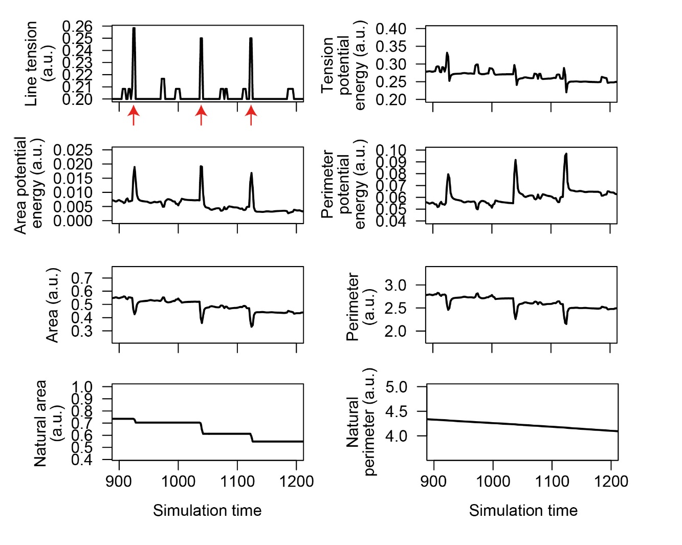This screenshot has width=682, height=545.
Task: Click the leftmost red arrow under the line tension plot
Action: pyautogui.click(x=134, y=115)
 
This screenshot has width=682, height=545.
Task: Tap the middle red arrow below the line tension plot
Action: pyautogui.click(x=201, y=115)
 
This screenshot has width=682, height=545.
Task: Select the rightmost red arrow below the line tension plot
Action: pyautogui.click(x=251, y=115)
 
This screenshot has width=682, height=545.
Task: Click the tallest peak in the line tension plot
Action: pyautogui.click(x=134, y=29)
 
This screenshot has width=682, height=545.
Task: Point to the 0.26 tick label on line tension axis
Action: pyautogui.click(x=77, y=26)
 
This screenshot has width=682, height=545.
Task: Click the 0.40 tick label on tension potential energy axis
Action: pyautogui.click(x=391, y=29)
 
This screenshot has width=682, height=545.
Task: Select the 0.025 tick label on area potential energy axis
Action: pyautogui.click(x=73, y=150)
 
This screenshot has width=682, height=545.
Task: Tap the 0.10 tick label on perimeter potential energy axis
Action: pyautogui.click(x=391, y=150)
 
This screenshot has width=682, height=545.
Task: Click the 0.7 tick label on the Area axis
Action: pyautogui.click(x=82, y=278)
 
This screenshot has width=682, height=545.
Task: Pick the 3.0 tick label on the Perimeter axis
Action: pyautogui.click(x=395, y=285)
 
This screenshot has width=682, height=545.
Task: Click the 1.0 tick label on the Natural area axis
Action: pyautogui.click(x=82, y=386)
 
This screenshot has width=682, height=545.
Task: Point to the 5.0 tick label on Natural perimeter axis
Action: pyautogui.click(x=396, y=386)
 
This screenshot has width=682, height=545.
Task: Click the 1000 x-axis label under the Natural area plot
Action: pyautogui.click(x=178, y=482)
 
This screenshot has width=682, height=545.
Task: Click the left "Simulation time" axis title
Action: pyautogui.click(x=207, y=510)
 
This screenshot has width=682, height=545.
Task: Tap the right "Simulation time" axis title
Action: pyautogui.click(x=523, y=510)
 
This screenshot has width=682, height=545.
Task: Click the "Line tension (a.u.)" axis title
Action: pyautogui.click(x=39, y=63)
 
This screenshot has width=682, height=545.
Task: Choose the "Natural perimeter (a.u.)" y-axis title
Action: pyautogui.click(x=361, y=422)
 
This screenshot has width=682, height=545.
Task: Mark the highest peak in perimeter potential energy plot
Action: pyautogui.click(x=566, y=154)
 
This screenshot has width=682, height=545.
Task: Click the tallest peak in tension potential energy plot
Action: pyautogui.click(x=447, y=53)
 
